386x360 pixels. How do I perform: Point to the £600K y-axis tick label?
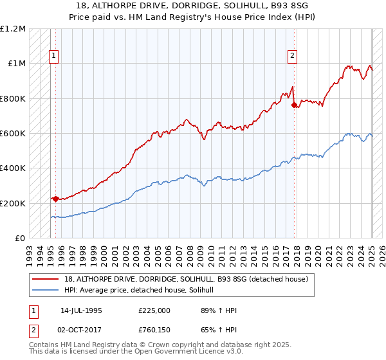pyautogui.click(x=13, y=134)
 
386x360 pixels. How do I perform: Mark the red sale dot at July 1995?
pyautogui.click(x=55, y=199)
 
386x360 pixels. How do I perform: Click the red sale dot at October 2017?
pyautogui.click(x=294, y=105)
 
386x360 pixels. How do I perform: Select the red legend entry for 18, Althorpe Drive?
pyautogui.click(x=187, y=279)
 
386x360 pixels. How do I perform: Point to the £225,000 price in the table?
pyautogui.click(x=154, y=310)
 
